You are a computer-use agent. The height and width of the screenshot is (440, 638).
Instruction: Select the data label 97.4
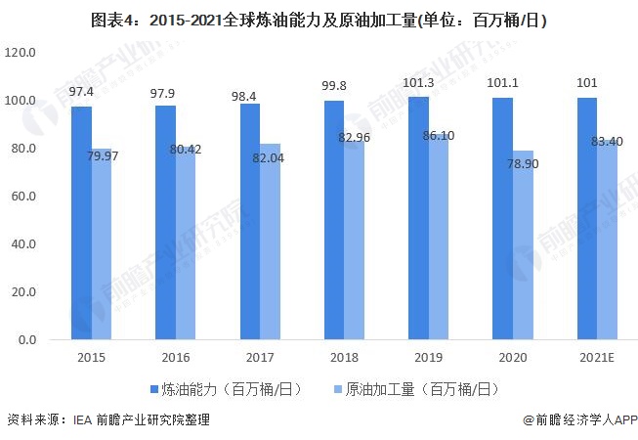click(81, 91)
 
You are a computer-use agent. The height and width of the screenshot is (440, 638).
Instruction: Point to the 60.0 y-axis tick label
click(21, 197)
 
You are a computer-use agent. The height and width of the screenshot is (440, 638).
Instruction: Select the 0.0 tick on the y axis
click(24, 340)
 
